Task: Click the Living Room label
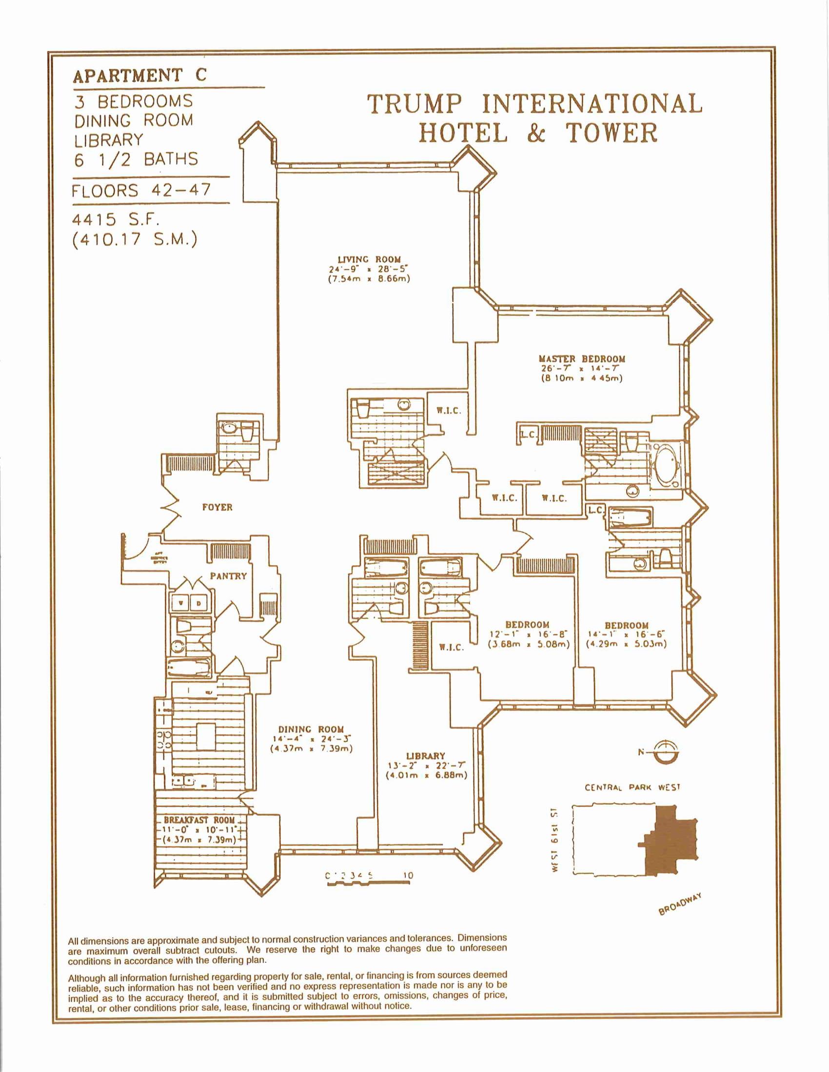(369, 259)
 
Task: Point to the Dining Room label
(311, 729)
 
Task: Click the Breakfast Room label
(199, 820)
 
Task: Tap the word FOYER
(217, 507)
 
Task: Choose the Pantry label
(228, 576)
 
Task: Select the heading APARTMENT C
(140, 76)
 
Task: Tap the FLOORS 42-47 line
(141, 190)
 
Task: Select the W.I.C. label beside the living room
(449, 410)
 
